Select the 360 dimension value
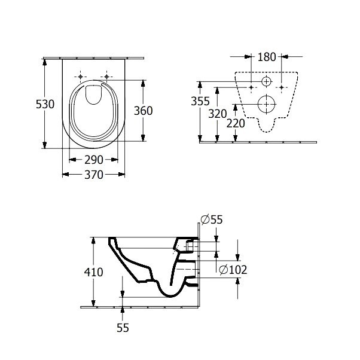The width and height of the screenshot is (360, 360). [x=144, y=111]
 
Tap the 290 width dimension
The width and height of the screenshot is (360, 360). [x=94, y=160]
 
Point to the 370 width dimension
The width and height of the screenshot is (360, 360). [x=94, y=175]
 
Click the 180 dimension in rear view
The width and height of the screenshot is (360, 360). [x=267, y=57]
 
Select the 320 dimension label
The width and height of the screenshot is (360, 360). [x=218, y=114]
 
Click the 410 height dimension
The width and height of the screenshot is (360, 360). [x=93, y=272]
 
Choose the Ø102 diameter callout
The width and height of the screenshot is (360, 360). [x=233, y=270]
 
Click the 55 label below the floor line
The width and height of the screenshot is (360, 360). [x=123, y=328]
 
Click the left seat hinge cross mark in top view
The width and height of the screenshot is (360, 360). [x=80, y=77]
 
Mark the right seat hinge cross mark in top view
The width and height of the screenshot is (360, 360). [x=108, y=77]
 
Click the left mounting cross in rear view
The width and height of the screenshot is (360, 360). [x=251, y=87]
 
